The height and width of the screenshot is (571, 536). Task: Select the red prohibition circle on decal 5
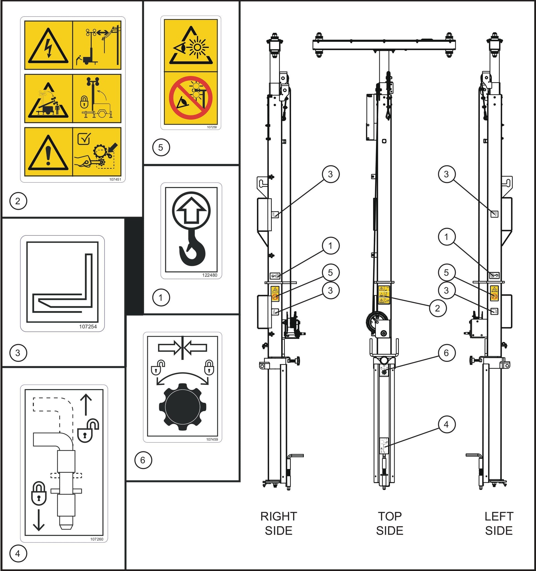[x=191, y=98]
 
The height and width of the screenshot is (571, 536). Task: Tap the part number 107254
[x=88, y=326]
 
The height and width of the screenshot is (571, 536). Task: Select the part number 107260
[x=96, y=539]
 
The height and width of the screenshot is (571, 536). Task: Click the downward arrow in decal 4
[x=39, y=522]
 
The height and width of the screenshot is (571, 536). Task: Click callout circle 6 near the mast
[x=446, y=353]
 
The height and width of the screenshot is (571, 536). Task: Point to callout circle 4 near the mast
[x=446, y=424]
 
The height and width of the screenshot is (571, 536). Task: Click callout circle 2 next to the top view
[x=437, y=308]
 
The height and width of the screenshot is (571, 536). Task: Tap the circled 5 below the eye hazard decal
[x=161, y=148]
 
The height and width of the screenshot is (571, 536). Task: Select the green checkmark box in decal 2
[x=84, y=139]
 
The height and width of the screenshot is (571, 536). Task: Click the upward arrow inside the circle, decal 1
[x=191, y=211]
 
